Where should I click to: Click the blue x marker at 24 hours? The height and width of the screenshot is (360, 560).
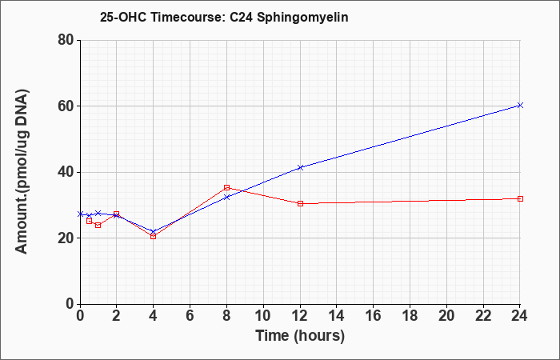(520, 105)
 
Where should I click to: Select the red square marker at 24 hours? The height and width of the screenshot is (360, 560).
(520, 198)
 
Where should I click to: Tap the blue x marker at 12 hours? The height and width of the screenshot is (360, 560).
(300, 167)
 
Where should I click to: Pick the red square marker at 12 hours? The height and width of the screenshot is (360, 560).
(300, 203)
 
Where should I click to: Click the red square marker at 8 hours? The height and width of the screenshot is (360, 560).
(226, 187)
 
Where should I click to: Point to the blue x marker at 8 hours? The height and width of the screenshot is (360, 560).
(226, 197)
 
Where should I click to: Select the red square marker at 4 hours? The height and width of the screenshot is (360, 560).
(154, 237)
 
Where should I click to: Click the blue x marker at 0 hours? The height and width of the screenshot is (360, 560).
(80, 214)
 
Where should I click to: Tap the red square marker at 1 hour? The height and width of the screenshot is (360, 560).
(98, 225)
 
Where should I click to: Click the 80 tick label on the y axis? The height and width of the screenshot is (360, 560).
(66, 40)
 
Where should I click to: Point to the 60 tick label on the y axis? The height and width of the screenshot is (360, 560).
(66, 106)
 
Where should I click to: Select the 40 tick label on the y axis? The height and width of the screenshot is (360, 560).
(66, 172)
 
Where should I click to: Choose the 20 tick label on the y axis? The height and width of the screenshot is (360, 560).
(66, 238)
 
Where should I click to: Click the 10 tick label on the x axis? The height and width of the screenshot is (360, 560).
(263, 316)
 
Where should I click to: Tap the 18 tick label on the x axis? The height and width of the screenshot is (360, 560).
(410, 316)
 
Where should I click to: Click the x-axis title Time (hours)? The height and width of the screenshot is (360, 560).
(300, 336)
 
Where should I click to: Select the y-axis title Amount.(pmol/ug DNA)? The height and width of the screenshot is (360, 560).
(22, 172)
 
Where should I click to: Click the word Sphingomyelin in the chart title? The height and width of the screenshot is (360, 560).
(302, 18)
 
